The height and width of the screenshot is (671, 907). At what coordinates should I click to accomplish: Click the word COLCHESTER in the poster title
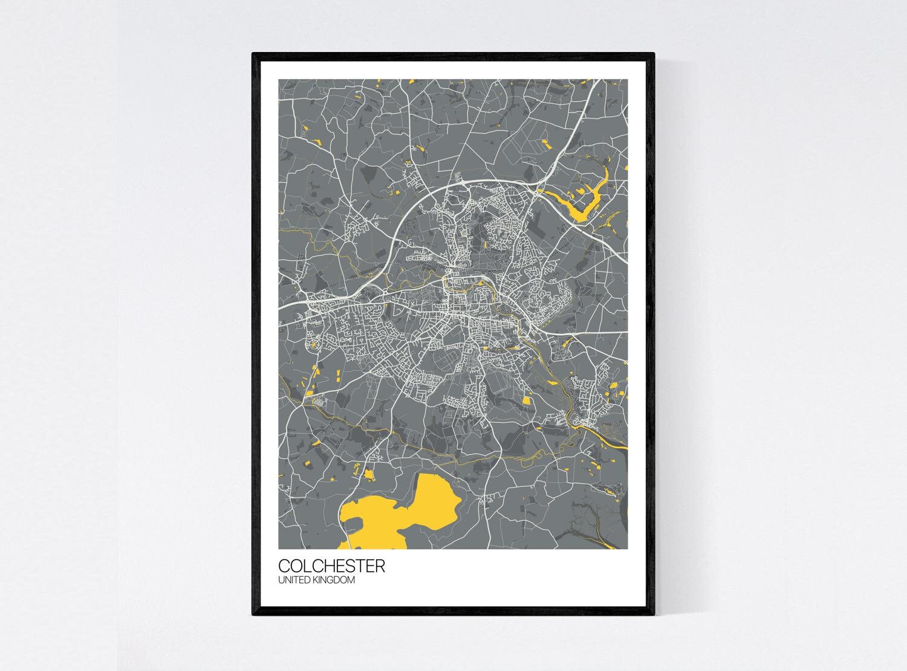[x=331, y=567]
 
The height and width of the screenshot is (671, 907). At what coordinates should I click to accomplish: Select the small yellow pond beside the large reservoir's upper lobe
[x=368, y=474]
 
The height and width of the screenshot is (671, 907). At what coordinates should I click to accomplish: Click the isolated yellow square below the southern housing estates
[x=525, y=400]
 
